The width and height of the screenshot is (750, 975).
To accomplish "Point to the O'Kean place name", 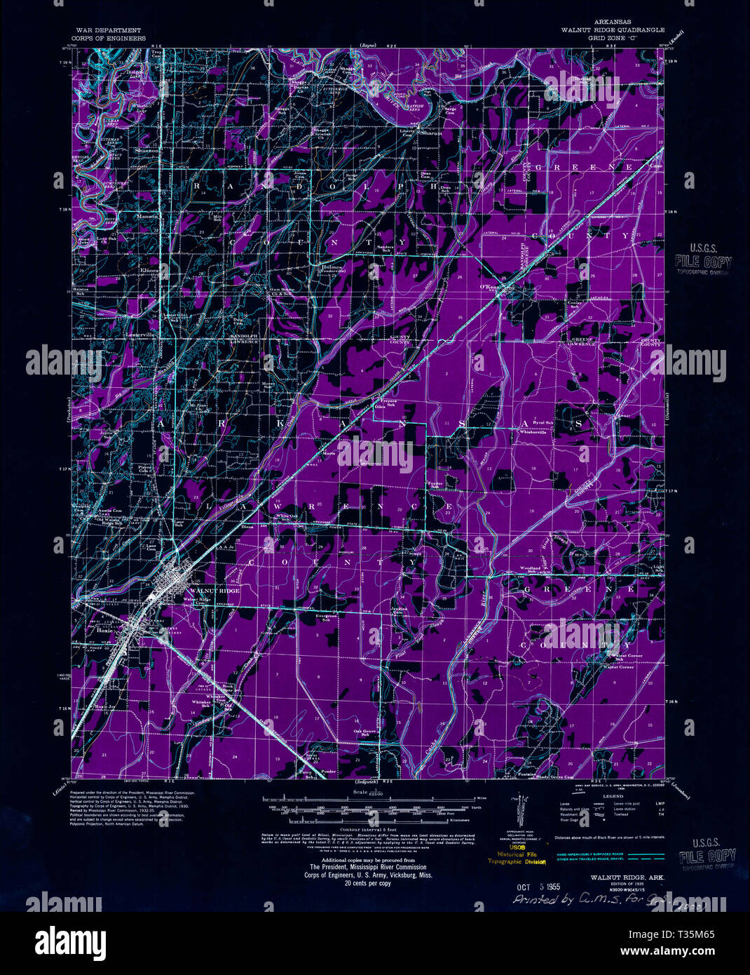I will pyautogui.click(x=487, y=287).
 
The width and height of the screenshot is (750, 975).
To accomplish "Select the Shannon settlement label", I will pyautogui.click(x=146, y=150).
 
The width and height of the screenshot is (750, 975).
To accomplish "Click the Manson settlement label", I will pyautogui.click(x=148, y=216).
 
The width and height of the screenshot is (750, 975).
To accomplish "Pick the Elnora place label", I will pyautogui.click(x=149, y=269).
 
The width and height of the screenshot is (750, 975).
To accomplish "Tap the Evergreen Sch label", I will pyautogui.click(x=326, y=617).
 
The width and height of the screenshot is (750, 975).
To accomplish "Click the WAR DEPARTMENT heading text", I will pyautogui.click(x=109, y=31).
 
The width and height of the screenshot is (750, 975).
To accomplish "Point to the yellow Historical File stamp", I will pyautogui.click(x=517, y=854).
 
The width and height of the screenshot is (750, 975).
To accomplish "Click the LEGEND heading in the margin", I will pyautogui.click(x=613, y=797).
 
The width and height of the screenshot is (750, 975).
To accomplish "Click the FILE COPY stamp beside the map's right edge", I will pyautogui.click(x=702, y=262).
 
